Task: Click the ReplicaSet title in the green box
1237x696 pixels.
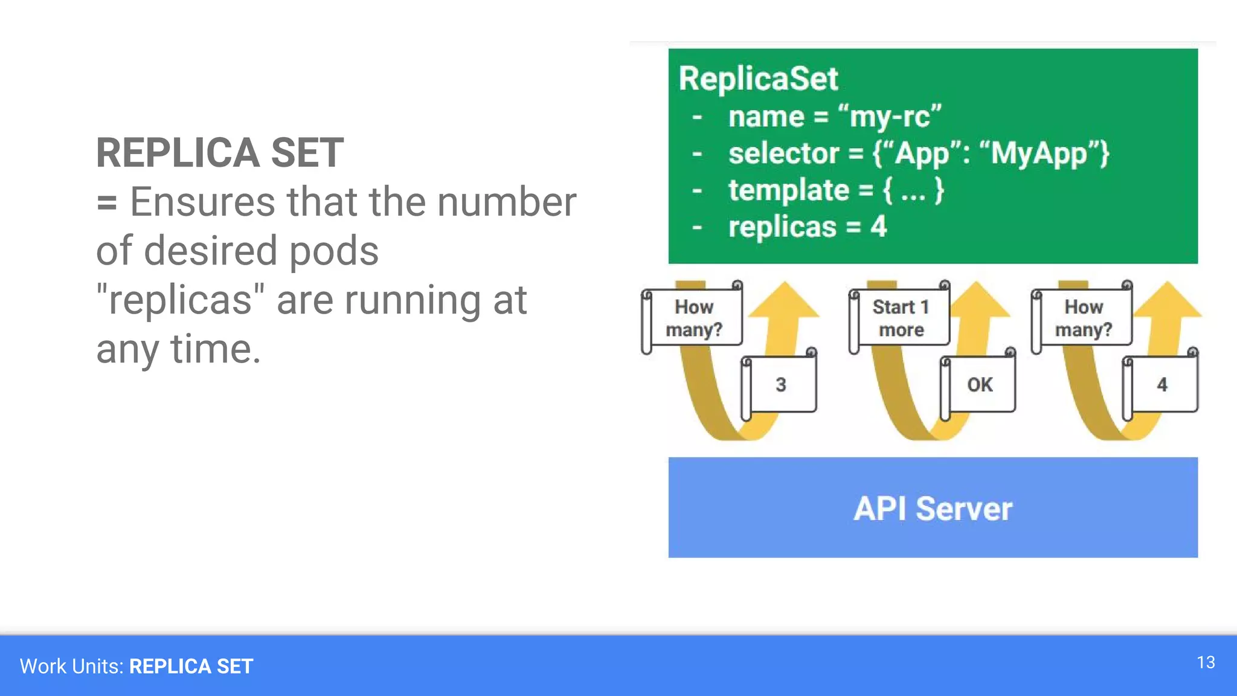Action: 758,79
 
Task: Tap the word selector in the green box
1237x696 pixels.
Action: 783,153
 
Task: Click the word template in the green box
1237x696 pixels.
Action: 788,190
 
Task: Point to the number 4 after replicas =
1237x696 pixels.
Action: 878,227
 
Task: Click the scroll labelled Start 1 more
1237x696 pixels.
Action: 901,318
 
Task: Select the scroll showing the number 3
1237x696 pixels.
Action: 780,384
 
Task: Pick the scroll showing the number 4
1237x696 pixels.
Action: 1161,384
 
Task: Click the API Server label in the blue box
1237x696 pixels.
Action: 933,508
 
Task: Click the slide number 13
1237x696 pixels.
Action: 1206,662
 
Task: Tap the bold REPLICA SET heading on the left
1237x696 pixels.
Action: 220,152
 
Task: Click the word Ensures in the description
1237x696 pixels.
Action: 202,202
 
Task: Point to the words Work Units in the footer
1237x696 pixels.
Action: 71,666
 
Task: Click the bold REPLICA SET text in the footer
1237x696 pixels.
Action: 191,666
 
